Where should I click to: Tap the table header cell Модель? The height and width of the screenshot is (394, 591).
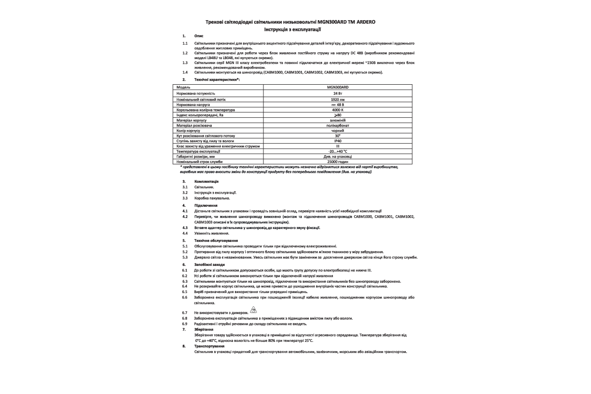tap(183, 87)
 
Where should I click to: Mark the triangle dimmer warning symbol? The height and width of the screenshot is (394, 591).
tap(253, 310)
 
